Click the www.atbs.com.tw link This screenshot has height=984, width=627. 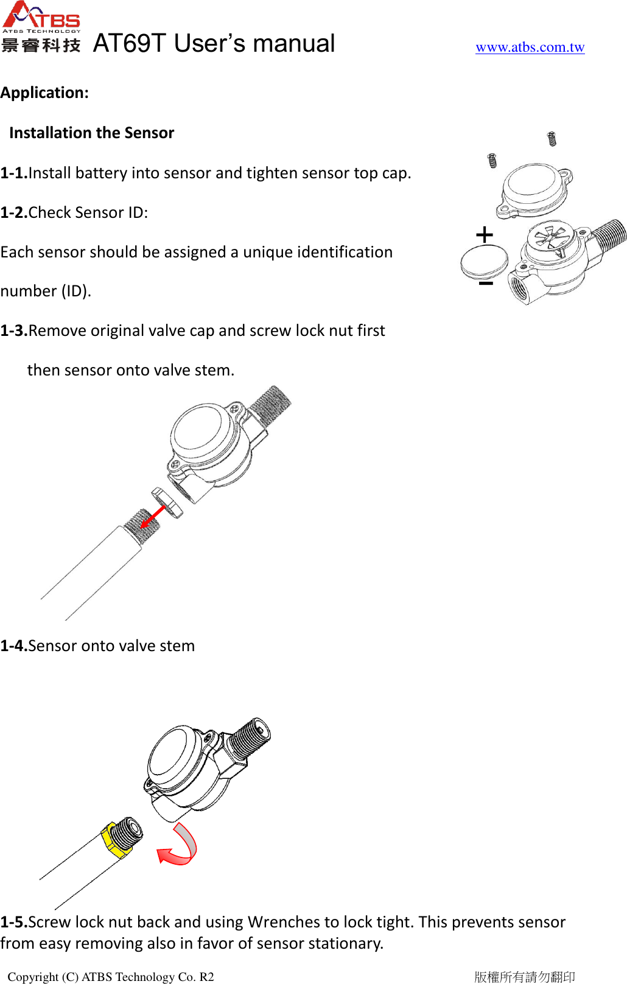(x=530, y=47)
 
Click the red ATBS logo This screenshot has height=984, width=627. (x=41, y=16)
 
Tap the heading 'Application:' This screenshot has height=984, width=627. (x=44, y=93)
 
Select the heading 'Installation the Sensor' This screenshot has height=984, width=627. (x=92, y=133)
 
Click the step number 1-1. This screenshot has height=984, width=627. (x=13, y=173)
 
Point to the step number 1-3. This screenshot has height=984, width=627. (x=13, y=331)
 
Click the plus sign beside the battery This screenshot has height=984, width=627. (x=485, y=235)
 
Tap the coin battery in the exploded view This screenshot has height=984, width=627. (x=484, y=262)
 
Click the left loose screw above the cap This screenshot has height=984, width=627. (x=492, y=161)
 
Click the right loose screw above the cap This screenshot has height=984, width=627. (x=552, y=139)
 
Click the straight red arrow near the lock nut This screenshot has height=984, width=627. (x=152, y=517)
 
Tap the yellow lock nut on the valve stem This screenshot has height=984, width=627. (x=114, y=839)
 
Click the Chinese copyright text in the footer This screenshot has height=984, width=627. (x=525, y=977)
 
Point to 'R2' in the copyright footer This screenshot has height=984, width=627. (x=206, y=977)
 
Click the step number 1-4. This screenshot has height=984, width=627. (x=13, y=646)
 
